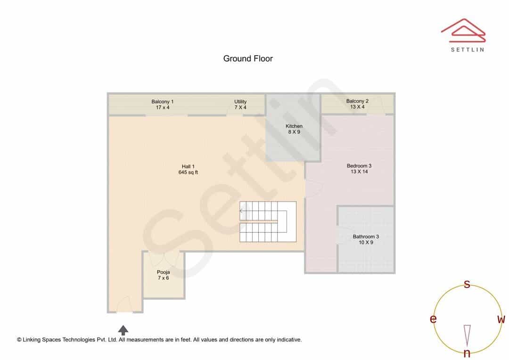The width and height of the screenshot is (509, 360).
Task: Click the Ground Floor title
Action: [x=248, y=59]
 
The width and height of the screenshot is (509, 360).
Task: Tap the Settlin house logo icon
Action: [x=463, y=31]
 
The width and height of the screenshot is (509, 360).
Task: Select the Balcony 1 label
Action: [x=162, y=102]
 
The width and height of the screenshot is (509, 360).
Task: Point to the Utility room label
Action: [x=240, y=102]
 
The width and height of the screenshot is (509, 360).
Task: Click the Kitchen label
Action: [x=294, y=126]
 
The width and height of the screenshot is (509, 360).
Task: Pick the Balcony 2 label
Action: [x=357, y=101]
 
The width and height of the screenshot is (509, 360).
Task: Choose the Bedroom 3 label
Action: [x=359, y=165]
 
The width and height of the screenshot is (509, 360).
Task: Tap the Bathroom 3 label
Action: [x=366, y=237]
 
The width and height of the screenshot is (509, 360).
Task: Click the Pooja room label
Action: [x=163, y=272]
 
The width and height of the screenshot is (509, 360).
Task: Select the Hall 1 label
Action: [x=188, y=166]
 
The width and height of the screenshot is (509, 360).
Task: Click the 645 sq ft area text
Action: [x=188, y=172]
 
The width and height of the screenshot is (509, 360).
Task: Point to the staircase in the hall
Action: [x=268, y=222]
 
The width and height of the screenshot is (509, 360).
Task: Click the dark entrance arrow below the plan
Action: [x=123, y=330]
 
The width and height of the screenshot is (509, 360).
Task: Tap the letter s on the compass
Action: [x=467, y=284]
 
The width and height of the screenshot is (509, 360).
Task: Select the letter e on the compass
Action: [x=433, y=319]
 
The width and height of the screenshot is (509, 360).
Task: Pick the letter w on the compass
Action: [x=501, y=319]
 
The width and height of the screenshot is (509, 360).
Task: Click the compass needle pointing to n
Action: [x=467, y=335]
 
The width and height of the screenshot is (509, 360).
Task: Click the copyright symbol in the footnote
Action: [x=19, y=340]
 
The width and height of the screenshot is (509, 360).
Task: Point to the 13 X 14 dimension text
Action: [x=359, y=172]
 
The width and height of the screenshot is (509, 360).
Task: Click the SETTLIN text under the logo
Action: [x=468, y=49]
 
